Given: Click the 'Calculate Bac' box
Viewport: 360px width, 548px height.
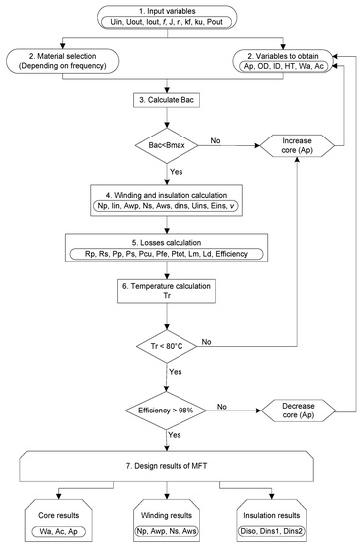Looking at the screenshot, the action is [167, 100].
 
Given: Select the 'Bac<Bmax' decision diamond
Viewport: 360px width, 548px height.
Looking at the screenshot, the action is [167, 145].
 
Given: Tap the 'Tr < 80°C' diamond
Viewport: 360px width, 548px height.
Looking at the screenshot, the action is [167, 346].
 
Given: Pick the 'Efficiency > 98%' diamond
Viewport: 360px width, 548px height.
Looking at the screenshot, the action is [166, 411].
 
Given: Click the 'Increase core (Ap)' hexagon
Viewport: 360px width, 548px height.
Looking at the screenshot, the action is [297, 145].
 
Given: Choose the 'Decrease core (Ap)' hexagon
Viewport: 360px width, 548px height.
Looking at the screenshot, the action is [298, 411].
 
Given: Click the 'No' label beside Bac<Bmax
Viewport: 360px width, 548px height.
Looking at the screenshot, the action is [215, 140].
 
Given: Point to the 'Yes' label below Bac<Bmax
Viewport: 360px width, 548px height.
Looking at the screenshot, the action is [176, 172].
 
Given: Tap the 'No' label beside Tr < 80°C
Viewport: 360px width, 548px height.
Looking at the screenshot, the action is [206, 342].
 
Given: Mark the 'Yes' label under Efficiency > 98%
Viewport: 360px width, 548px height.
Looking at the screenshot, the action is [175, 435].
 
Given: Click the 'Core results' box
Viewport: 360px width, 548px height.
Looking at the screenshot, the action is [59, 521].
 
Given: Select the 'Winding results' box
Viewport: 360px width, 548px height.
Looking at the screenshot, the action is [167, 521].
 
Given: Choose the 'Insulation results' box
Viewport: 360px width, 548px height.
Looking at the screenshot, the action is [272, 521].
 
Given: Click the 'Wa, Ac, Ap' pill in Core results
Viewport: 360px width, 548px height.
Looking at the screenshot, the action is [59, 532].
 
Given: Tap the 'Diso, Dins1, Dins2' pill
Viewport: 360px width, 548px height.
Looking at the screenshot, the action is [272, 531].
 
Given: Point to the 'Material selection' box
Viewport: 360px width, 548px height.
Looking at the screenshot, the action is [63, 61].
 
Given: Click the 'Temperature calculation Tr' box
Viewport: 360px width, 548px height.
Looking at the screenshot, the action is [167, 291].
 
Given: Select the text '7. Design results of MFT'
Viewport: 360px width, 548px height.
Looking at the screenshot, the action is [167, 466].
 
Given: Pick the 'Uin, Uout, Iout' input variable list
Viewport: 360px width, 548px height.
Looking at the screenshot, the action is [167, 22].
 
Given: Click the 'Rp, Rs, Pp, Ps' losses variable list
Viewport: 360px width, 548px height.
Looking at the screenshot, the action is [167, 254].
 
